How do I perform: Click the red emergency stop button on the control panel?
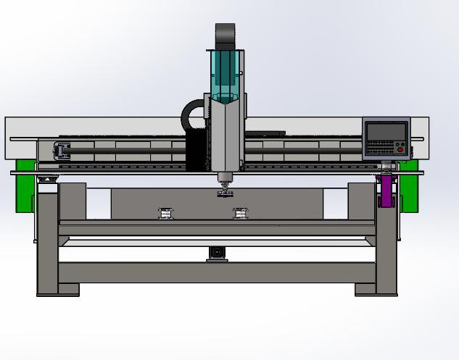[x=400, y=150]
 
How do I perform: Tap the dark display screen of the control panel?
[x=386, y=131]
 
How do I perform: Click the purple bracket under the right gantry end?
[x=386, y=190]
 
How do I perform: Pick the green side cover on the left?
[x=25, y=186]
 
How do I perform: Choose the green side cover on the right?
[x=410, y=186]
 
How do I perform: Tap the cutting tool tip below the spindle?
[x=225, y=193]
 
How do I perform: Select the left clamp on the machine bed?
[x=166, y=213]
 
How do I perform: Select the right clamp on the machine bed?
[x=240, y=213]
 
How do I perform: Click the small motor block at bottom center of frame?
[x=216, y=253]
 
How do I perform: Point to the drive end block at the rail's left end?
[x=61, y=151]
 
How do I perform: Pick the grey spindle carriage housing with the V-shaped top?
[x=226, y=138]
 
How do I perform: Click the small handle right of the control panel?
[x=412, y=151]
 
